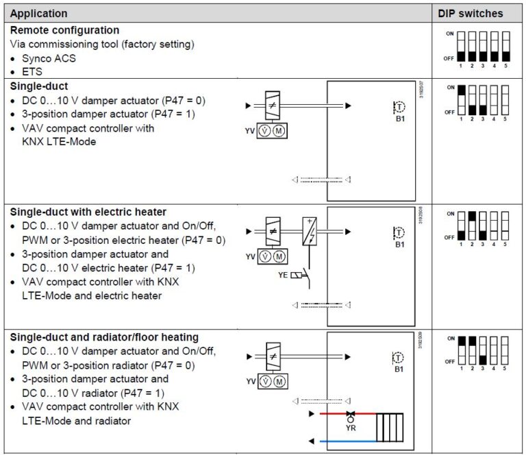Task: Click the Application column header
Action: pos(39,13)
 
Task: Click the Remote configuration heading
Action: pos(65,30)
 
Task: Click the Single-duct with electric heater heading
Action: pos(88,212)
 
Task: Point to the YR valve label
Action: pos(351,426)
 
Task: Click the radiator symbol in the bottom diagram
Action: pos(390,427)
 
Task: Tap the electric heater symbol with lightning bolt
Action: pos(310,231)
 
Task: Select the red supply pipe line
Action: pos(336,414)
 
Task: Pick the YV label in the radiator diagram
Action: pos(251,381)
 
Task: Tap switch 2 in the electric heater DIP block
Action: pos(472,225)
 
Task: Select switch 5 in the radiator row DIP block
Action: pos(505,349)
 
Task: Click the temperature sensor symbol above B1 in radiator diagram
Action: pos(400,357)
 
